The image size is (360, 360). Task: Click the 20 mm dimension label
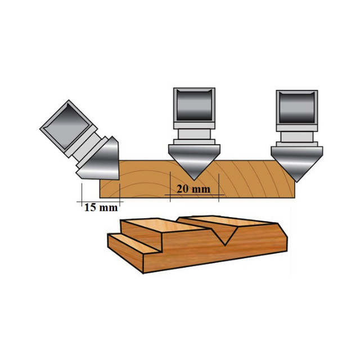pos(193,189)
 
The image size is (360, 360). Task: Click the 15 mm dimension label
pos(101,208)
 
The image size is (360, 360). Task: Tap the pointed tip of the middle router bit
pos(194,180)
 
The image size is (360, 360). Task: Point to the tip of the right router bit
pos(297,182)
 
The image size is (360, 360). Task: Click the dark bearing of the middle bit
pos(194,105)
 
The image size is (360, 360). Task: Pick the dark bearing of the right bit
pos(297,107)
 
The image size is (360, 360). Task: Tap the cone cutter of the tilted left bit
pos(101,161)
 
